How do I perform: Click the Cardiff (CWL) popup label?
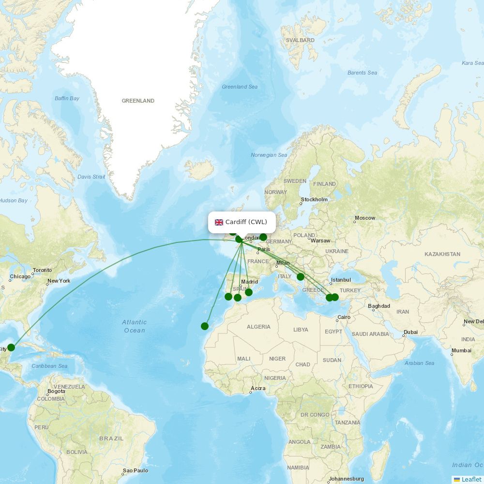(246, 222)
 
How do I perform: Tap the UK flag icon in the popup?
(219, 222)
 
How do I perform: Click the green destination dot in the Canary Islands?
(205, 326)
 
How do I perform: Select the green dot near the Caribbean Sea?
(11, 348)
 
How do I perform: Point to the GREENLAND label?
(138, 101)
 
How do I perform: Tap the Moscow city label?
(365, 218)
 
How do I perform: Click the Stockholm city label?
(314, 199)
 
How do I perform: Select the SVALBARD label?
(300, 40)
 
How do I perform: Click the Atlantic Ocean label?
(134, 326)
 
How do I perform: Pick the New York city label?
(59, 281)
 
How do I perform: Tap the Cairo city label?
(344, 317)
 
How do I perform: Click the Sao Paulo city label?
(135, 470)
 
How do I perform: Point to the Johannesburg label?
(346, 479)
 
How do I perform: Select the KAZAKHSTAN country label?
(442, 254)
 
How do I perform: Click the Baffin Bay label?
(67, 98)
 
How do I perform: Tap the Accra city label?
(258, 388)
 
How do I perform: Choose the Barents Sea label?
(362, 73)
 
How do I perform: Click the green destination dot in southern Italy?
(300, 277)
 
